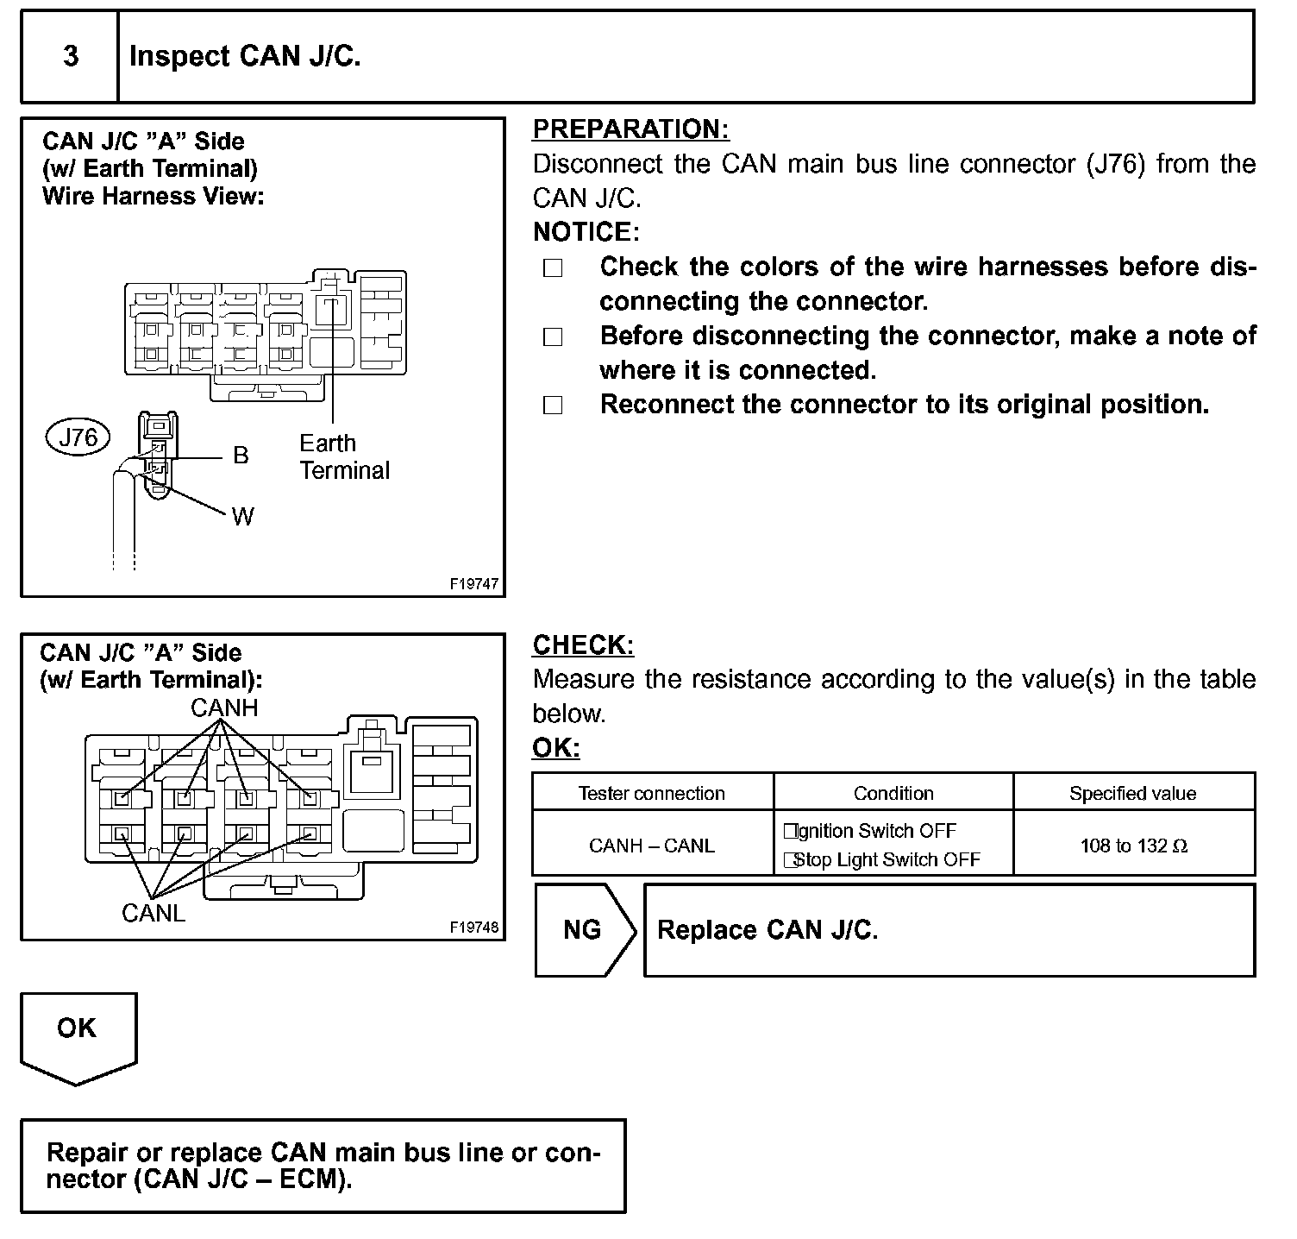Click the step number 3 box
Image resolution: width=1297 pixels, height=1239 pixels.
pyautogui.click(x=70, y=57)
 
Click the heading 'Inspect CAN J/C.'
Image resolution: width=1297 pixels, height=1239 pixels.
pyautogui.click(x=245, y=57)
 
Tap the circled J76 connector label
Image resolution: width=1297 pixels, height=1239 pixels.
pyautogui.click(x=78, y=437)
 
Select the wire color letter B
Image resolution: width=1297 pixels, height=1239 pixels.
pyautogui.click(x=241, y=456)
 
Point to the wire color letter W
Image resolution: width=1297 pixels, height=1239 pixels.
pyautogui.click(x=242, y=517)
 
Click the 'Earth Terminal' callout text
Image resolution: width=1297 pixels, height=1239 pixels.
pyautogui.click(x=344, y=456)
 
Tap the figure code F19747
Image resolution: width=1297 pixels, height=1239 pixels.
pyautogui.click(x=473, y=584)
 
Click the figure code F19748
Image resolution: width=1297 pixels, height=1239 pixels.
pyautogui.click(x=473, y=928)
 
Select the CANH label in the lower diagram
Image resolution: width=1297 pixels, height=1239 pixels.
pyautogui.click(x=224, y=708)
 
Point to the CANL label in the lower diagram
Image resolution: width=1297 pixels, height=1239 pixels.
pyautogui.click(x=154, y=913)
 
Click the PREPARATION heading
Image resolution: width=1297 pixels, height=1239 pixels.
pyautogui.click(x=630, y=129)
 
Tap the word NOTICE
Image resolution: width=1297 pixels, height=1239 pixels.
pyautogui.click(x=585, y=232)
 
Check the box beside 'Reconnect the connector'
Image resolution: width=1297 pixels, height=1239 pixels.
pyautogui.click(x=553, y=406)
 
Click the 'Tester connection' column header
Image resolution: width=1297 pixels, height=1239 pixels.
pyautogui.click(x=652, y=794)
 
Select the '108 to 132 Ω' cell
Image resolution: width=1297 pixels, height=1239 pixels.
pyautogui.click(x=1133, y=846)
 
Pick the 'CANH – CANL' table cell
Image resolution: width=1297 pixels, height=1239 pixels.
pyautogui.click(x=652, y=846)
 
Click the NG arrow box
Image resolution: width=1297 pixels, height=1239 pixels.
pyautogui.click(x=584, y=930)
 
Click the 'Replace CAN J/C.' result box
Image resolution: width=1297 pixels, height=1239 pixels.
pyautogui.click(x=949, y=930)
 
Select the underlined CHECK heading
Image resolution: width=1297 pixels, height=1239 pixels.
pyautogui.click(x=583, y=645)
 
